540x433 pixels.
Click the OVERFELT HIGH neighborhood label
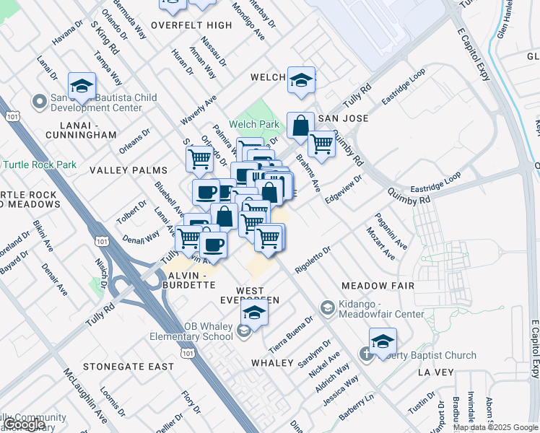[187, 25]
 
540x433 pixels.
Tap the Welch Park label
[254, 124]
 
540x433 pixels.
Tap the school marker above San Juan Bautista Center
[82, 86]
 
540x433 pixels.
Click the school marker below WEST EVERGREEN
[254, 312]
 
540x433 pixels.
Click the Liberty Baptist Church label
[426, 355]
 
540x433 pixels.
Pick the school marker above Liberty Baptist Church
[383, 342]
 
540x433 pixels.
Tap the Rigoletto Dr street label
[312, 260]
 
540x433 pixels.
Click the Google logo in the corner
[25, 424]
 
